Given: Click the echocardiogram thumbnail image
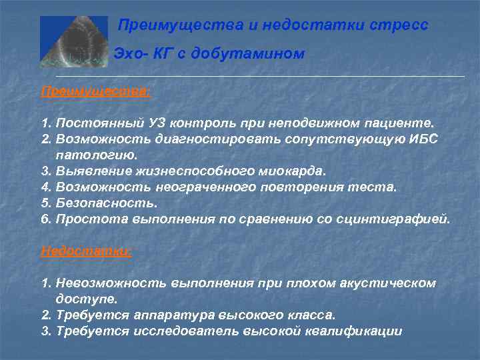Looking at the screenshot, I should coord(73,41).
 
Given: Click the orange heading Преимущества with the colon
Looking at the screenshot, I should coord(96,91).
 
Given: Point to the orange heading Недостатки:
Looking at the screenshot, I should coord(86,251).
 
